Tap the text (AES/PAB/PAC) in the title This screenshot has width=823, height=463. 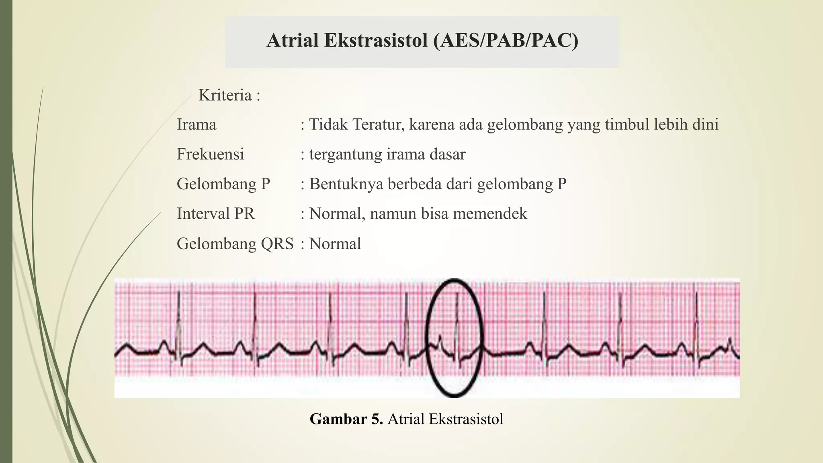coord(506,41)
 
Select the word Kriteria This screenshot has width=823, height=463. coord(225,95)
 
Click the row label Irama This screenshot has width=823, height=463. coord(197,125)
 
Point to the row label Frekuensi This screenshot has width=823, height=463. coord(210,154)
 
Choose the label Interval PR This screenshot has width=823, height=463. coord(216,213)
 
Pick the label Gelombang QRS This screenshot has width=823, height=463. coord(235,244)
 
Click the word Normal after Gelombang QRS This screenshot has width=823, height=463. coord(335,244)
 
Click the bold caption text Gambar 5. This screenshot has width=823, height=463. coord(346,419)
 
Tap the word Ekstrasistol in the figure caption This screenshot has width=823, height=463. coord(466,419)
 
